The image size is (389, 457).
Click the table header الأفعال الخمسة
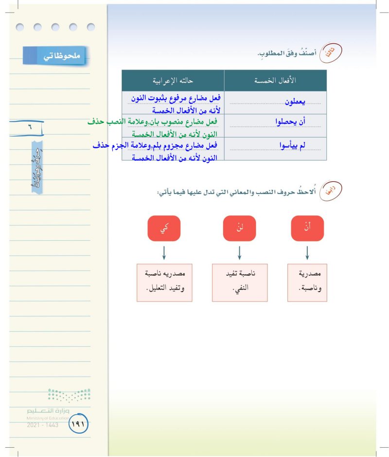tap(275, 80)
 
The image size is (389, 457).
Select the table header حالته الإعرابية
tap(173, 80)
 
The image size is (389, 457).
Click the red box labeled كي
tap(163, 228)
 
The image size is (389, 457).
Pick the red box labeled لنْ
tap(239, 228)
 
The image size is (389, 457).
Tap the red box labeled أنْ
tap(307, 228)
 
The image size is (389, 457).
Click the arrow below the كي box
tap(163, 252)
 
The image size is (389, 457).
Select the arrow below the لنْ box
tap(239, 252)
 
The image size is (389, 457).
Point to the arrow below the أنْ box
tap(307, 252)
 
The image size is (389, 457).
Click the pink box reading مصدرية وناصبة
tap(307, 282)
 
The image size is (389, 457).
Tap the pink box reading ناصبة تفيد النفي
tap(240, 282)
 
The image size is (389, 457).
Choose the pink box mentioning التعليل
tap(164, 282)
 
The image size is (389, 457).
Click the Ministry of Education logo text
tap(49, 415)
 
